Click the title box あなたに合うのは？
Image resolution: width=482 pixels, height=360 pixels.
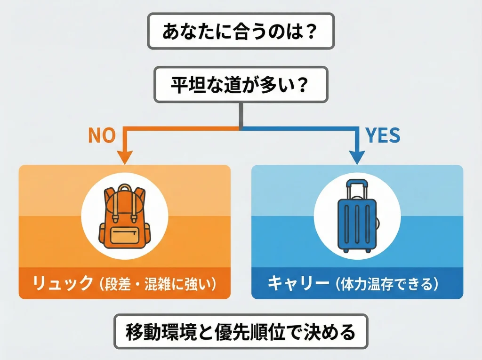(241, 32)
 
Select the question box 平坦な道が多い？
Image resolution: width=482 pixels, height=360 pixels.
(241, 85)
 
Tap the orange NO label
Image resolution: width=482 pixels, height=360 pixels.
(102, 136)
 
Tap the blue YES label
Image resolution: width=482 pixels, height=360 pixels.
(383, 136)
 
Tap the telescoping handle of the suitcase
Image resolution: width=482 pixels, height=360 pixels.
(357, 188)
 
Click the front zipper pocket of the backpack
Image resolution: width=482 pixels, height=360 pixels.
(124, 235)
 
